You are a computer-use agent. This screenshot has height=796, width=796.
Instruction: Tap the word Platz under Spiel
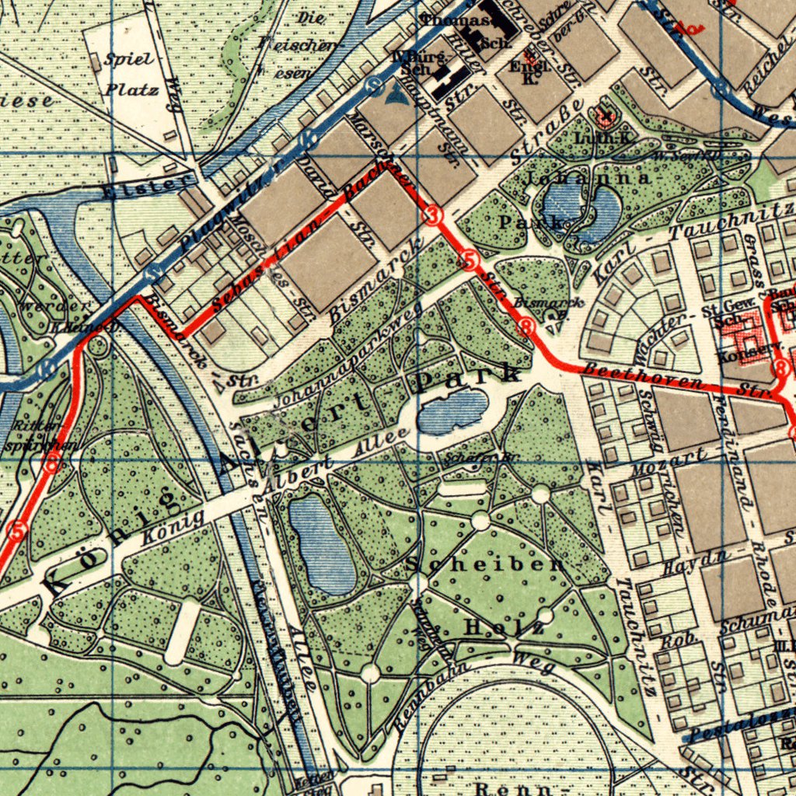pos(132,88)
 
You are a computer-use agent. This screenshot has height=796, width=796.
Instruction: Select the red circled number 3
pos(434,215)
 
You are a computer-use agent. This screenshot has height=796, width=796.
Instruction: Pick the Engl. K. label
pos(531,72)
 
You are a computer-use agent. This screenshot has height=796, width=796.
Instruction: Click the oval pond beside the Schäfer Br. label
pos(452,412)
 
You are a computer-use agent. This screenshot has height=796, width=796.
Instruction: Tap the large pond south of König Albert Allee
pos(323,544)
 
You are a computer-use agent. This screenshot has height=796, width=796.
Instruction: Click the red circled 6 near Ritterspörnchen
pos(52,466)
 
